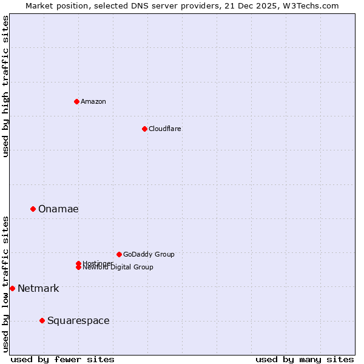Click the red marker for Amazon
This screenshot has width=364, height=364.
(x=76, y=101)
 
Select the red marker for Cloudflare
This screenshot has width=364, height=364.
(x=144, y=129)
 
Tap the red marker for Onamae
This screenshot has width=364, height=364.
(x=33, y=209)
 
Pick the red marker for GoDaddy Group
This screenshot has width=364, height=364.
(x=119, y=254)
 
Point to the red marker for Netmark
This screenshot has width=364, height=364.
(x=12, y=288)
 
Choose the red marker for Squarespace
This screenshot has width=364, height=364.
(x=42, y=320)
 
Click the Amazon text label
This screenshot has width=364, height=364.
(x=93, y=101)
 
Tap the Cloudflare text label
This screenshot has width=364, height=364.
(x=164, y=129)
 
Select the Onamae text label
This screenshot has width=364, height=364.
(x=58, y=209)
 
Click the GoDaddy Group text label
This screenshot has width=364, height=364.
(x=149, y=254)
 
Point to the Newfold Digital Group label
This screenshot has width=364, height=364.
(x=118, y=268)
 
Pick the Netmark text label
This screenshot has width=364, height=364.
(x=38, y=288)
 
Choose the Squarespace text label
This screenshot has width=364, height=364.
(x=78, y=320)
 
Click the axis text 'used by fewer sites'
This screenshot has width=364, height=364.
(x=62, y=359)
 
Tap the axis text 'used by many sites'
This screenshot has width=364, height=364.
(x=305, y=359)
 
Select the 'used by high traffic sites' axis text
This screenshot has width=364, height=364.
(x=6, y=86)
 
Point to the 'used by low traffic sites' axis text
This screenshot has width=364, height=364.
(x=6, y=284)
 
